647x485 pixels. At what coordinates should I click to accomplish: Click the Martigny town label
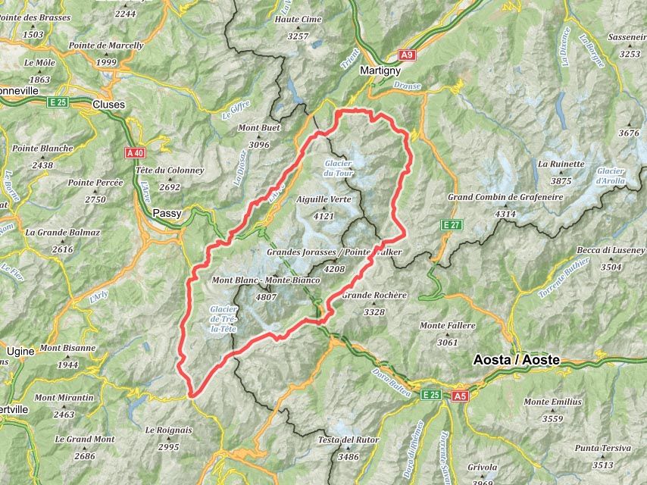pos(380,70)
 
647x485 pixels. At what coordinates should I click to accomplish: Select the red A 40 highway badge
pos(135,153)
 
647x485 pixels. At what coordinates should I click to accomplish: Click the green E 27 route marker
pos(452,224)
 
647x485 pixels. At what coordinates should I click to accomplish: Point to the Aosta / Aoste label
pos(516,361)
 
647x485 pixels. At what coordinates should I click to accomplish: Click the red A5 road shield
pos(460,396)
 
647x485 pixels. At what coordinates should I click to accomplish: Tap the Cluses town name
pos(108,105)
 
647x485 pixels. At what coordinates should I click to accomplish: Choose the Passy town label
pos(167,214)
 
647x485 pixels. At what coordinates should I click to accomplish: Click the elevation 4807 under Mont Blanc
pos(266,297)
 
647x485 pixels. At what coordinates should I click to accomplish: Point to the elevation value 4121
pos(323,216)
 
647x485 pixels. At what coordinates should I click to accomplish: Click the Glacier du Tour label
pos(339,168)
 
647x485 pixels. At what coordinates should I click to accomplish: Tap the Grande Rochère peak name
pos(375,295)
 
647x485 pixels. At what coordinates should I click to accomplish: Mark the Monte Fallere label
pos(448,326)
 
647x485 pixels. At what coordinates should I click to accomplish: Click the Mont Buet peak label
pos(259,128)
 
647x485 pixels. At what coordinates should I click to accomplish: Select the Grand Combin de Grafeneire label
pos(505,197)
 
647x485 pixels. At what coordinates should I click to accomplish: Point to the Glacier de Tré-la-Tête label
pos(223,318)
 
